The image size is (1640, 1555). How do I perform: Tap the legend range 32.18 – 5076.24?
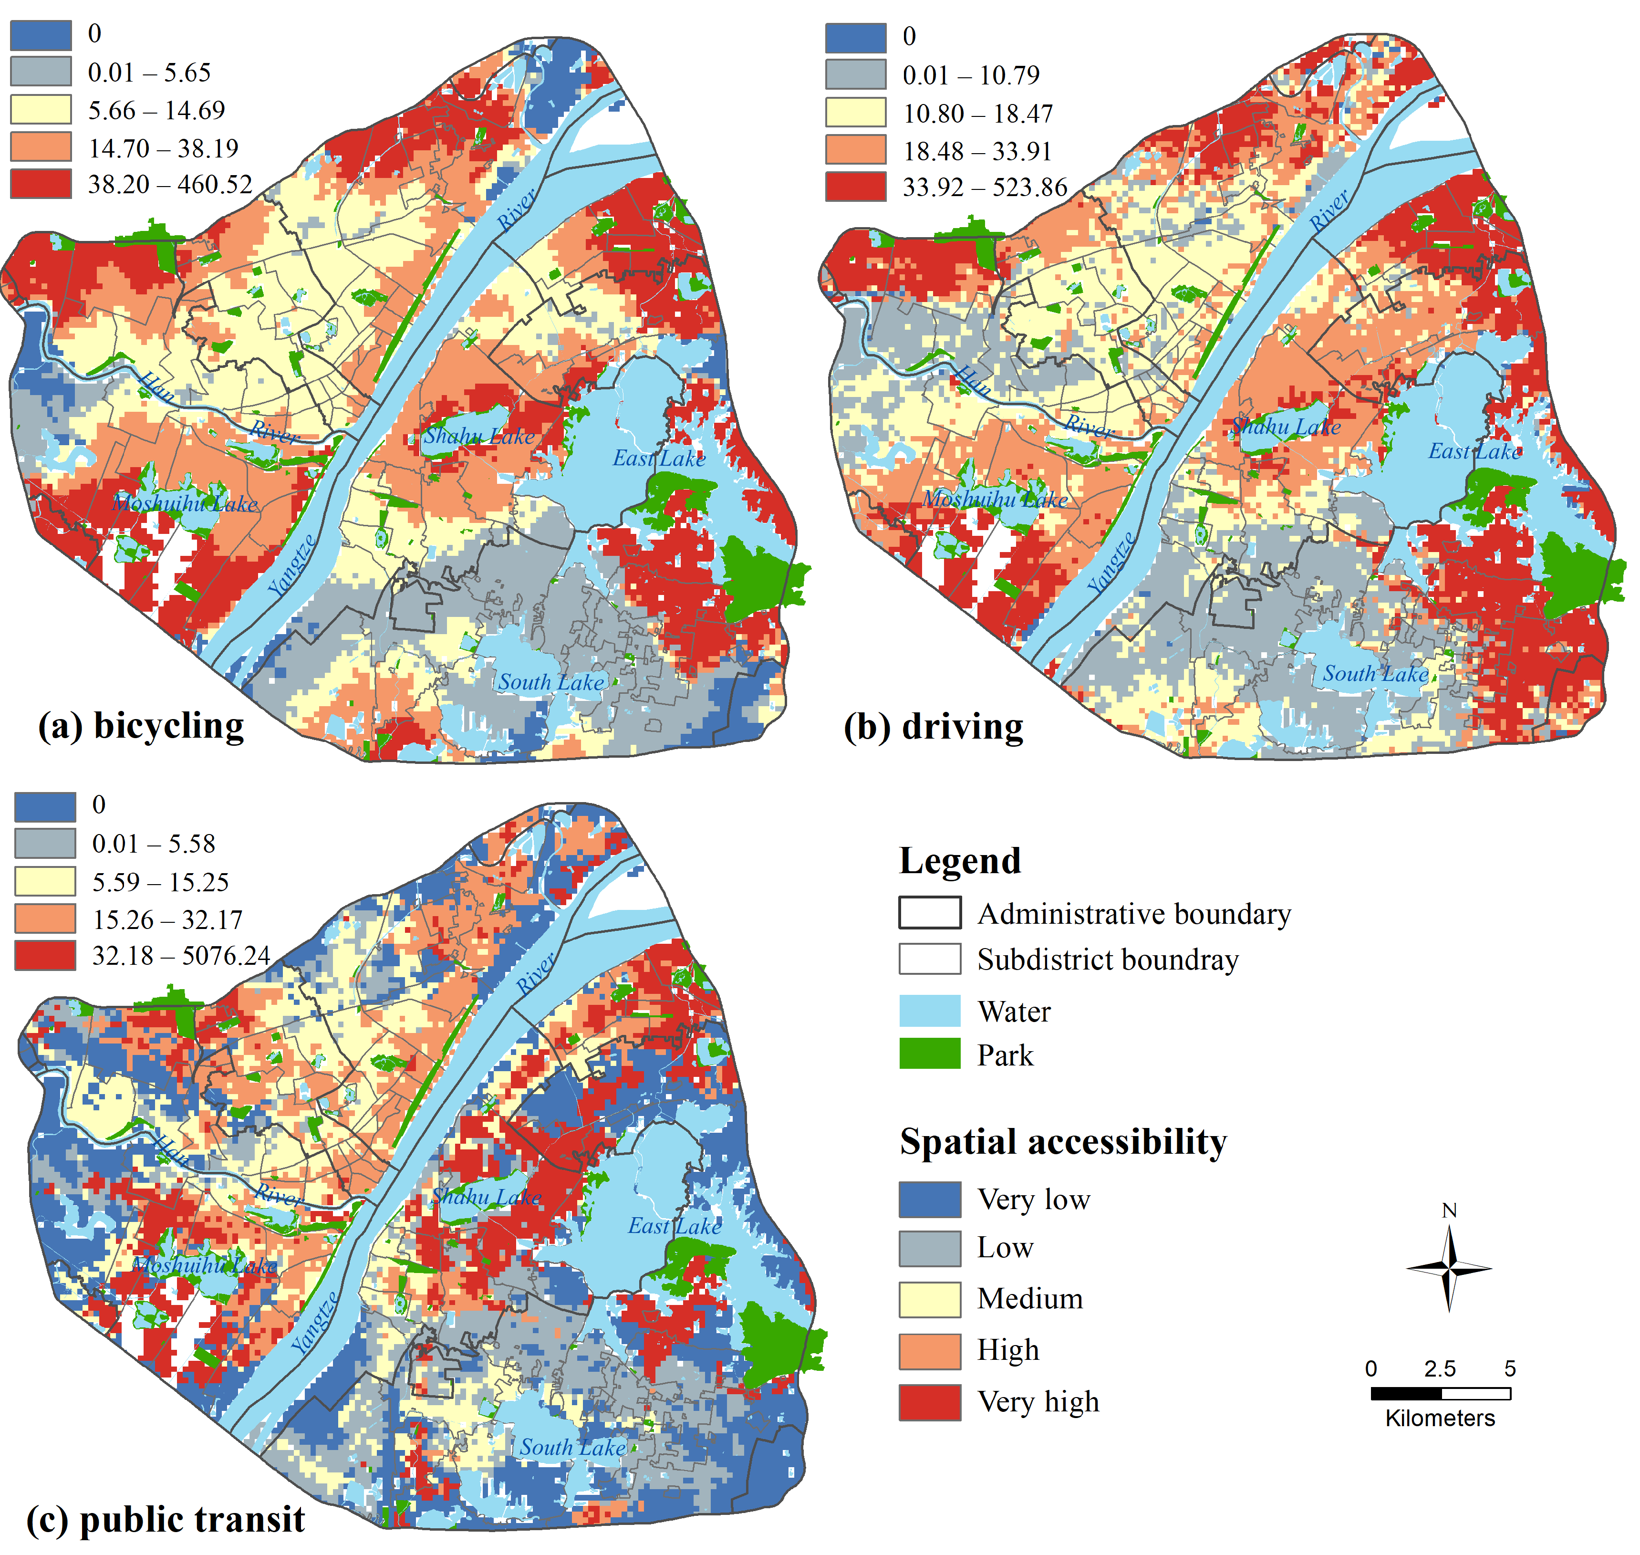[x=181, y=956]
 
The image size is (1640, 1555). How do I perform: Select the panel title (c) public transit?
[x=166, y=1519]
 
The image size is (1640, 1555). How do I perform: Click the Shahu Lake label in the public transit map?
[x=487, y=1196]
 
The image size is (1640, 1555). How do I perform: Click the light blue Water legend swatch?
[x=930, y=1011]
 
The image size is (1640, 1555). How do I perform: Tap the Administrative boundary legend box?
[x=930, y=913]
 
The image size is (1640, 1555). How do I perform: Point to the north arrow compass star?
[x=1449, y=1268]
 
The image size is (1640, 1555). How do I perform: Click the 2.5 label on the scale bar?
[x=1440, y=1368]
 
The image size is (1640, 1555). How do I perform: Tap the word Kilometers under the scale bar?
[x=1440, y=1418]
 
